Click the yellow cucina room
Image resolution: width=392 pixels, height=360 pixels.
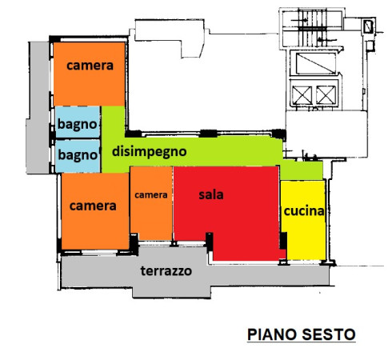click(x=303, y=220)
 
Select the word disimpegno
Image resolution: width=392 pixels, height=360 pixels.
click(x=149, y=152)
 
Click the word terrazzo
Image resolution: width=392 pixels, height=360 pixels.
click(x=166, y=271)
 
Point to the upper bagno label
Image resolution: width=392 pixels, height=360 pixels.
click(x=77, y=125)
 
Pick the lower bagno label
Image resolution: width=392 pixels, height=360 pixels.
click(x=78, y=155)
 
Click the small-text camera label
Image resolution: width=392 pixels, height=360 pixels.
click(x=151, y=195)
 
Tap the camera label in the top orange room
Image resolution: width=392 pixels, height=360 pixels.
click(x=90, y=66)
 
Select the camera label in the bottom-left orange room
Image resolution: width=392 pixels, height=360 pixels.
click(x=93, y=206)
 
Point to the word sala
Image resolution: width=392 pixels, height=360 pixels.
click(x=211, y=194)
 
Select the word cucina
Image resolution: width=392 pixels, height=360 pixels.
click(x=304, y=211)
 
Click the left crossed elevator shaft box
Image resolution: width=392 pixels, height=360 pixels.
click(x=302, y=95)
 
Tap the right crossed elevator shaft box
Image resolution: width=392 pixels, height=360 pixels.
click(x=326, y=95)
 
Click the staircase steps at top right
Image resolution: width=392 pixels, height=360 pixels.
click(x=312, y=28)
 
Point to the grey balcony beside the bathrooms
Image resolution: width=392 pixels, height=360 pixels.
click(x=38, y=107)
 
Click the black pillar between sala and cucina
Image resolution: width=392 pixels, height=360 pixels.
click(x=283, y=241)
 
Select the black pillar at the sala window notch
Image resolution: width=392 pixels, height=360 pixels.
click(x=210, y=242)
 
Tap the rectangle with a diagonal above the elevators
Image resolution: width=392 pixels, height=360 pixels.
click(x=316, y=63)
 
